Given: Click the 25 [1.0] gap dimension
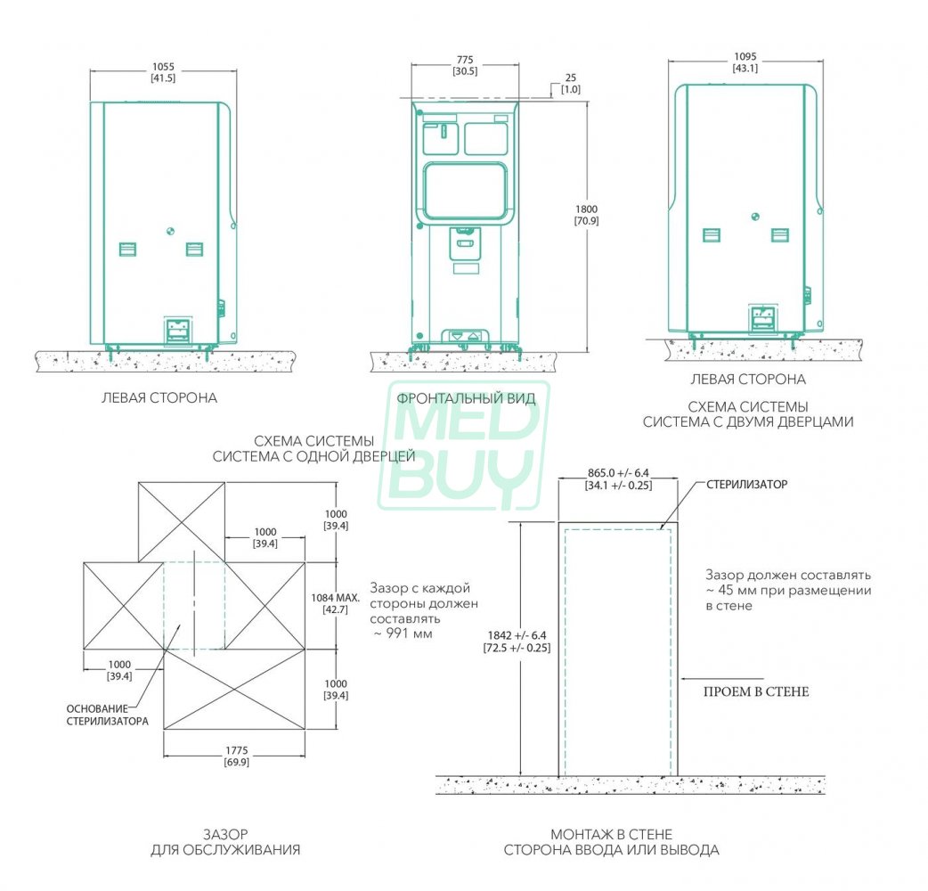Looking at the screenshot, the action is point(571,84).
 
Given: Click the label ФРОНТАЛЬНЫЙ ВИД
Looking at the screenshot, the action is point(467,398).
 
